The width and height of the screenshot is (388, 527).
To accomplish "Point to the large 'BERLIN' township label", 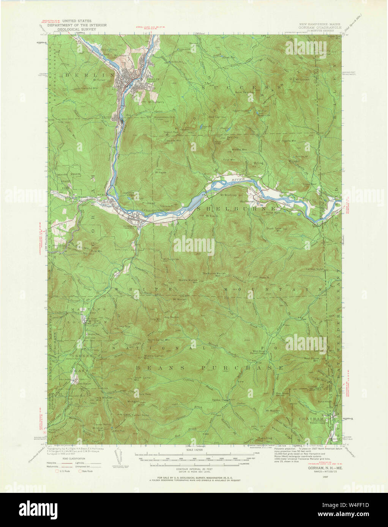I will (x=89, y=75).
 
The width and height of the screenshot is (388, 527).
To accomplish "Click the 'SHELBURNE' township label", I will (x=237, y=209).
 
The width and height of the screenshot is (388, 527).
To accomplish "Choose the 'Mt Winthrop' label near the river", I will (x=229, y=196).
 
